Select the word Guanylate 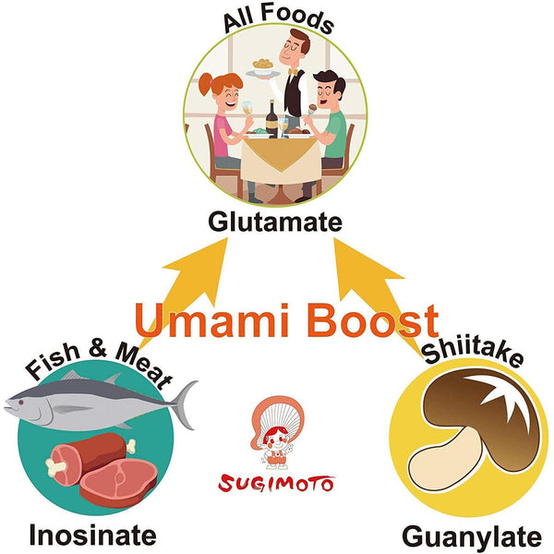(x=471, y=536)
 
